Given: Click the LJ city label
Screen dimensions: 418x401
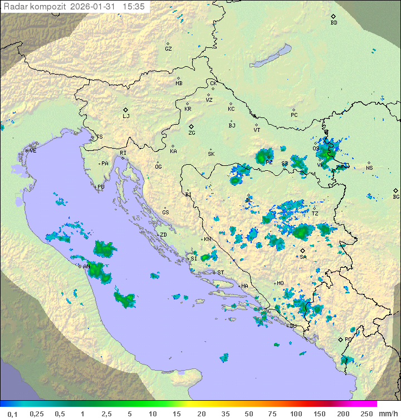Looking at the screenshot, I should tap(126, 116).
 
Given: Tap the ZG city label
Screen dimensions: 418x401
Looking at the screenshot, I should tap(192, 133).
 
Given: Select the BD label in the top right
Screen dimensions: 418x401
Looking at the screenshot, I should tap(334, 23).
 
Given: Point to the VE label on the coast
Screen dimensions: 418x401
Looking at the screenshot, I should tap(33, 151).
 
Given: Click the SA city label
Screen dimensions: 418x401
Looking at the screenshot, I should tap(303, 257).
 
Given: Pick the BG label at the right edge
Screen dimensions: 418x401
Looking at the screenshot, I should tap(396, 196).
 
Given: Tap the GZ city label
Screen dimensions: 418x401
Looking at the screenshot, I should tap(168, 49).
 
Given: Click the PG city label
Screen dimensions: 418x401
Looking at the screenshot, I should tap(348, 339).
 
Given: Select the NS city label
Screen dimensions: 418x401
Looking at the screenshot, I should tap(369, 168).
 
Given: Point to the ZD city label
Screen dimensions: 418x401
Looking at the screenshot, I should tap(163, 235).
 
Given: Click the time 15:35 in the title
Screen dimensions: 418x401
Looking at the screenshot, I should tap(134, 7).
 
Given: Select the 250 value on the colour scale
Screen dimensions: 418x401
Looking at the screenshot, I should tap(366, 414).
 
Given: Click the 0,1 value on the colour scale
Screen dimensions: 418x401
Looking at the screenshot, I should tap(12, 414).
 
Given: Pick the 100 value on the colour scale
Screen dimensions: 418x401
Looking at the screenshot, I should tap(296, 414).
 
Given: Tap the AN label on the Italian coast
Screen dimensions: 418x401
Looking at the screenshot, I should tap(86, 267).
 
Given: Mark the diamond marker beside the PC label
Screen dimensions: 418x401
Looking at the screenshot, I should tap(294, 110).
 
